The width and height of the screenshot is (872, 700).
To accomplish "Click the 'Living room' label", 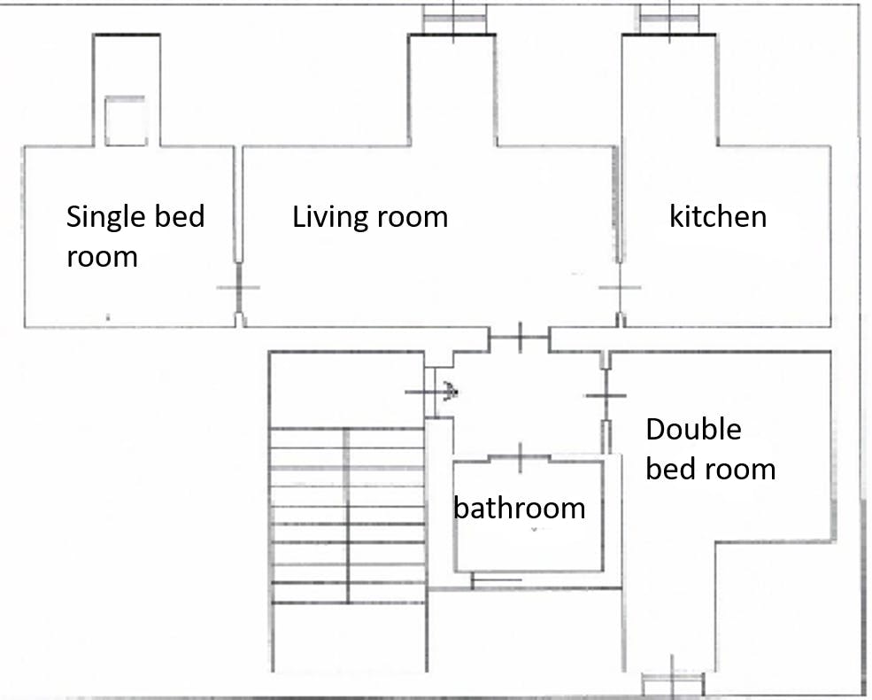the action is tap(370, 217).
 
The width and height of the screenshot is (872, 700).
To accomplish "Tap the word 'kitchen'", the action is tap(718, 216).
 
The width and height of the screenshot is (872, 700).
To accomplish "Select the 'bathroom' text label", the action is tap(520, 508).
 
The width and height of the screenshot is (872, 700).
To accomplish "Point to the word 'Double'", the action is tap(693, 429).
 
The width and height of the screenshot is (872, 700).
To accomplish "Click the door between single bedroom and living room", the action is tap(238, 288).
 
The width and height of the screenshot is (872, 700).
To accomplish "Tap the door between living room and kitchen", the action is tap(620, 288).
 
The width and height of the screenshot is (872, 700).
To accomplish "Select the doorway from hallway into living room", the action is tap(520, 338).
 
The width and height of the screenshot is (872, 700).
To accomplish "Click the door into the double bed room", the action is tap(606, 395).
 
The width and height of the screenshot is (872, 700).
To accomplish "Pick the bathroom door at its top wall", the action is tap(520, 458).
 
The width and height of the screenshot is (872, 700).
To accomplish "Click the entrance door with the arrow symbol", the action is tap(431, 393).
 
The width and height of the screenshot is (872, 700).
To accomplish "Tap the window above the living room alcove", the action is tap(454, 19).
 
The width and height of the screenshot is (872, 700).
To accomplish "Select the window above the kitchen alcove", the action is tap(669, 19).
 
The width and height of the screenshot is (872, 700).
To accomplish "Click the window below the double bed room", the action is tap(673, 683).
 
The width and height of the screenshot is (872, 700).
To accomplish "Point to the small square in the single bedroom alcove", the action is tap(126, 121).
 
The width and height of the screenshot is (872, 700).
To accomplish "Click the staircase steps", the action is tap(348, 516).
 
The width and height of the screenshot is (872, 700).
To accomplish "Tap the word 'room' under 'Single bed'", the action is tap(102, 258).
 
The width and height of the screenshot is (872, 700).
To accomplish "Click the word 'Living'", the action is tap(330, 218).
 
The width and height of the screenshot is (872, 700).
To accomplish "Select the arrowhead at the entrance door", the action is tap(451, 391).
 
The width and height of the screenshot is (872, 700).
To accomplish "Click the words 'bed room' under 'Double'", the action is tap(711, 469).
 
